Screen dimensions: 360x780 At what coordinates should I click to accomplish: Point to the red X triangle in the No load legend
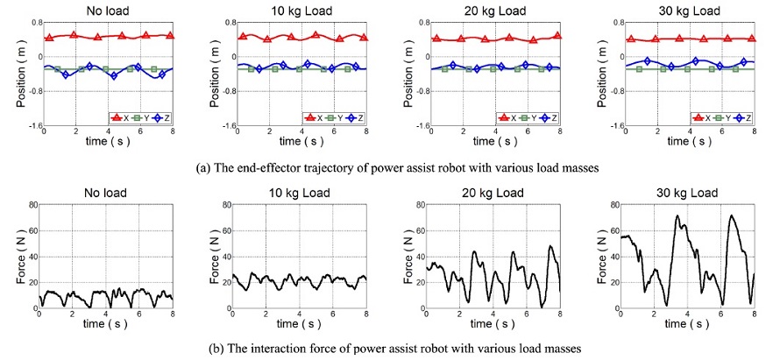115,117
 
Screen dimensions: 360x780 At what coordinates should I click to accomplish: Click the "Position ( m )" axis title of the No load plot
20,74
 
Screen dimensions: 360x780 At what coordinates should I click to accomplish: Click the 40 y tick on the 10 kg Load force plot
225,258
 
